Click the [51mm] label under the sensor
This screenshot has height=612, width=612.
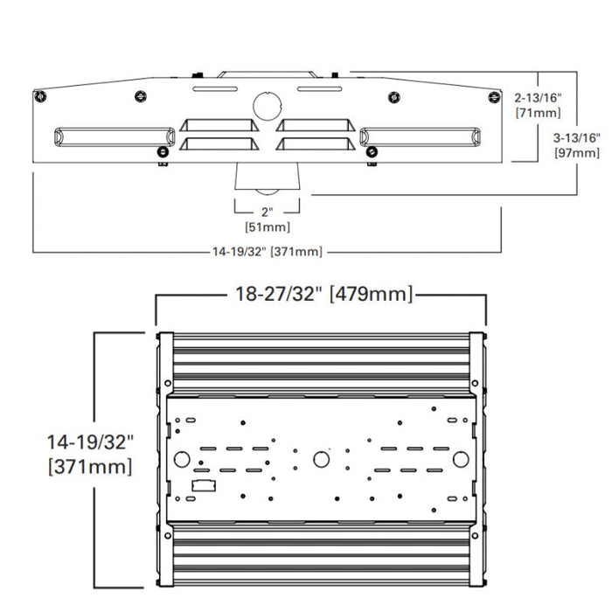[x=268, y=227]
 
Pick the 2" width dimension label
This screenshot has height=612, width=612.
[x=268, y=212]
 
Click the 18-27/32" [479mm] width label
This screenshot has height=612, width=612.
[x=321, y=294]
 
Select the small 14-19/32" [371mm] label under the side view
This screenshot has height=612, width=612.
[x=268, y=252]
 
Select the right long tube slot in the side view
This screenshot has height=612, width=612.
[x=420, y=136]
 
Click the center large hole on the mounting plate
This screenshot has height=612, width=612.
[x=321, y=459]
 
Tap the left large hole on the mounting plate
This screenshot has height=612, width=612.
[x=182, y=459]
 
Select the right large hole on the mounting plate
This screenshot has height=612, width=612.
[x=460, y=459]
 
